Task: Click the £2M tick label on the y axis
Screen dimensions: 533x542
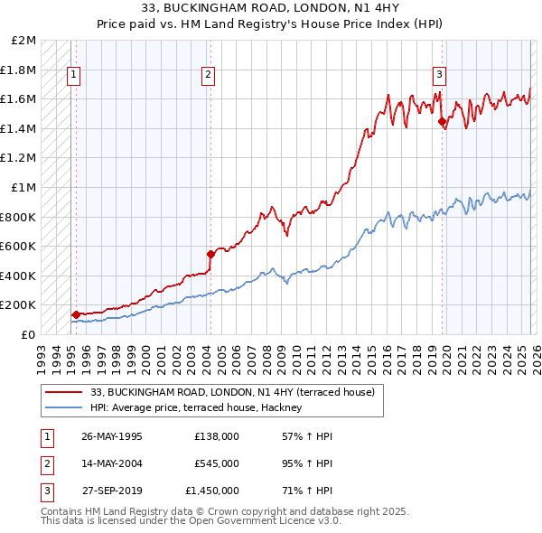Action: point(24,41)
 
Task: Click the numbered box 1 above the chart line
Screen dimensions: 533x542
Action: point(73,75)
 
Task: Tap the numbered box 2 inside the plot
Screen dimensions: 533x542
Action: point(208,75)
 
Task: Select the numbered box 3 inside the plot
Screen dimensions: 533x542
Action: point(439,75)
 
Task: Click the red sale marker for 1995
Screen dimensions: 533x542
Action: point(76,314)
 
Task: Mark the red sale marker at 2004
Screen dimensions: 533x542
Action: point(210,254)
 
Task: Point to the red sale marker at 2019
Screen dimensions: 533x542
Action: point(442,121)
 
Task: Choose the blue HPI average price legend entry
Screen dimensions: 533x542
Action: point(201,408)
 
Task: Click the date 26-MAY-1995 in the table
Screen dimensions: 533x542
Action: point(112,436)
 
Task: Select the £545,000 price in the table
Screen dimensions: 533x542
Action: point(217,463)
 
